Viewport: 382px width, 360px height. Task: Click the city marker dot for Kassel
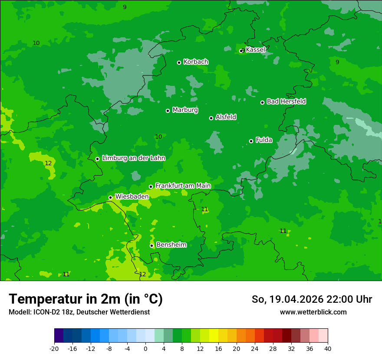click(x=242, y=51)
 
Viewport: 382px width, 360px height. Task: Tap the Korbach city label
click(x=196, y=62)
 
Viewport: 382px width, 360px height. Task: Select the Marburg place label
click(x=185, y=110)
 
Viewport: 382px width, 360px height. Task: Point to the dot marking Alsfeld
click(x=211, y=118)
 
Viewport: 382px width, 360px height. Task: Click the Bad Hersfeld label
click(x=286, y=101)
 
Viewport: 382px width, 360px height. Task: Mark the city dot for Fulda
click(x=251, y=141)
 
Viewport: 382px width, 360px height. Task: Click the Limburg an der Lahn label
click(x=133, y=158)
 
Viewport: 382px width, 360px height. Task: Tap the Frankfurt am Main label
click(x=183, y=186)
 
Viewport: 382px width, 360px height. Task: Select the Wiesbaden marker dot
click(x=111, y=197)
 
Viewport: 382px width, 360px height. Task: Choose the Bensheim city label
click(x=171, y=245)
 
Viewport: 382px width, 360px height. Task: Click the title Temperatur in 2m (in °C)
click(x=86, y=299)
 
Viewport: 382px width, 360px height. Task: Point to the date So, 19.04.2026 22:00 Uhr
click(x=312, y=299)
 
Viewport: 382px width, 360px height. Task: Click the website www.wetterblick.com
click(x=313, y=312)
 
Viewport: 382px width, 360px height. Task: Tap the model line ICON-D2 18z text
click(x=79, y=312)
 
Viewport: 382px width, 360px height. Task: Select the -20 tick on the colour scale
click(x=54, y=348)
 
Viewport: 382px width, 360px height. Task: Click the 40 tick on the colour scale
click(x=327, y=348)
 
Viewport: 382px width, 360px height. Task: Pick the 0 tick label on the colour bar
click(x=145, y=348)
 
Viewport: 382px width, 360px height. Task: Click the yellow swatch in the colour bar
click(x=214, y=336)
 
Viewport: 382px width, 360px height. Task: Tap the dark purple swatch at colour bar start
click(x=59, y=336)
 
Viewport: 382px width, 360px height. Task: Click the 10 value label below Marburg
click(x=158, y=137)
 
